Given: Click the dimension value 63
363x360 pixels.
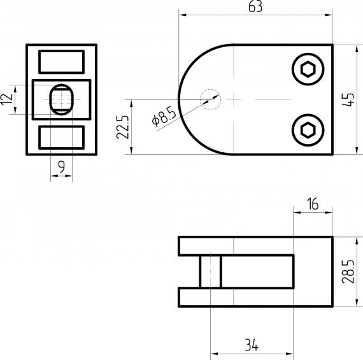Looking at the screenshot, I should click(256, 7).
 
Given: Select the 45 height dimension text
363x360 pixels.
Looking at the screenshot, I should click(348, 100).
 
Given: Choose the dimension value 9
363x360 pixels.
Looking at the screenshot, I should click(61, 167).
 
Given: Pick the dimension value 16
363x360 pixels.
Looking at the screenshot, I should click(312, 205).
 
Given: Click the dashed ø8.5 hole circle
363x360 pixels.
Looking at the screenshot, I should click(210, 99).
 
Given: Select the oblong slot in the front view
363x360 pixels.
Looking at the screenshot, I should click(62, 99).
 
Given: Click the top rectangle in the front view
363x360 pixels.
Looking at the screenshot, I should click(61, 61).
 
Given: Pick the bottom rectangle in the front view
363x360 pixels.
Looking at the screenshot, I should click(61, 136).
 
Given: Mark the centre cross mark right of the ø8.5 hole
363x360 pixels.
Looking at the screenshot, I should click(234, 100).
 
